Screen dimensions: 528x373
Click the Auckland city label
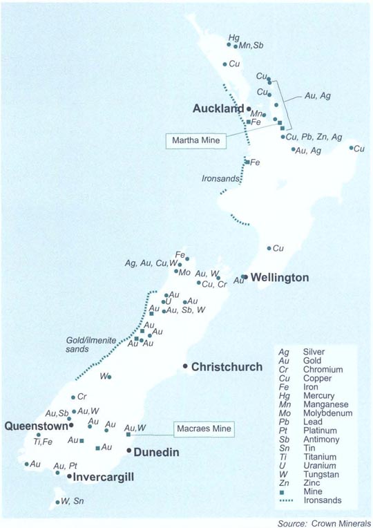click(x=218, y=109)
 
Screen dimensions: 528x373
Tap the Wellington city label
click(x=279, y=277)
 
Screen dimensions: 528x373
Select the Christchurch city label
click(x=227, y=366)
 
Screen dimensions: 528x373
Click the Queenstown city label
click(x=35, y=426)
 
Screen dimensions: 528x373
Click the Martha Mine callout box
click(x=196, y=140)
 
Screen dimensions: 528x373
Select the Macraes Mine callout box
click(x=204, y=429)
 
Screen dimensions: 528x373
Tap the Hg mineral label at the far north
click(x=233, y=38)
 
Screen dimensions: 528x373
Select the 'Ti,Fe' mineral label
click(x=43, y=442)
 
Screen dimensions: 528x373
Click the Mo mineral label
click(x=184, y=273)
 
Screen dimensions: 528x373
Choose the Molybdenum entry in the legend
click(x=327, y=413)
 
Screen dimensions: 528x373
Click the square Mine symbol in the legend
click(x=282, y=491)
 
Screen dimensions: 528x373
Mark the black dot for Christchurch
click(x=185, y=366)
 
